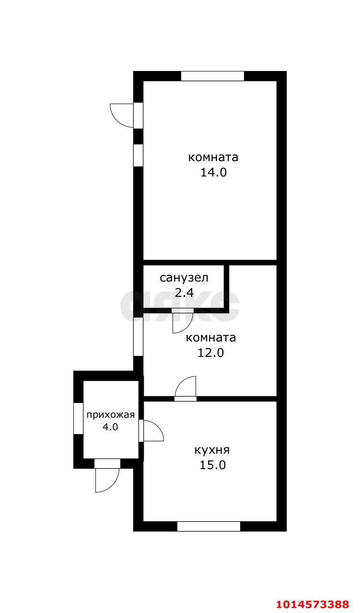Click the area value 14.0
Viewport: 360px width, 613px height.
[x=213, y=173]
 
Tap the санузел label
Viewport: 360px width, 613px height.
[x=184, y=277]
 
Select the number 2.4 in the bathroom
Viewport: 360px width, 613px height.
[x=184, y=293]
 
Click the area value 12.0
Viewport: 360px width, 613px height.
[x=211, y=353]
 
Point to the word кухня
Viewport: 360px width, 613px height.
[x=212, y=450]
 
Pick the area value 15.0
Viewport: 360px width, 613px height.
[x=212, y=465]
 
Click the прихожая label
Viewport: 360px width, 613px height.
[x=110, y=415]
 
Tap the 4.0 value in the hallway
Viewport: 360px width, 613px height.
[x=110, y=427]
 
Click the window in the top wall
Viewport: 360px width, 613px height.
[x=212, y=76]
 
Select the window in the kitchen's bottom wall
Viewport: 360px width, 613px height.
[x=209, y=526]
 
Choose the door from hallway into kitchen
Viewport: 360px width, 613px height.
[x=151, y=430]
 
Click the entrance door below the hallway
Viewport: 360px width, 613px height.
[x=107, y=475]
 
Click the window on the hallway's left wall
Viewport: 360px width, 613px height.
[x=78, y=418]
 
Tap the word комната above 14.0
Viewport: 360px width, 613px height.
[x=213, y=157]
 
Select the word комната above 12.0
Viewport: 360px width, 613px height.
[x=211, y=338]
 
